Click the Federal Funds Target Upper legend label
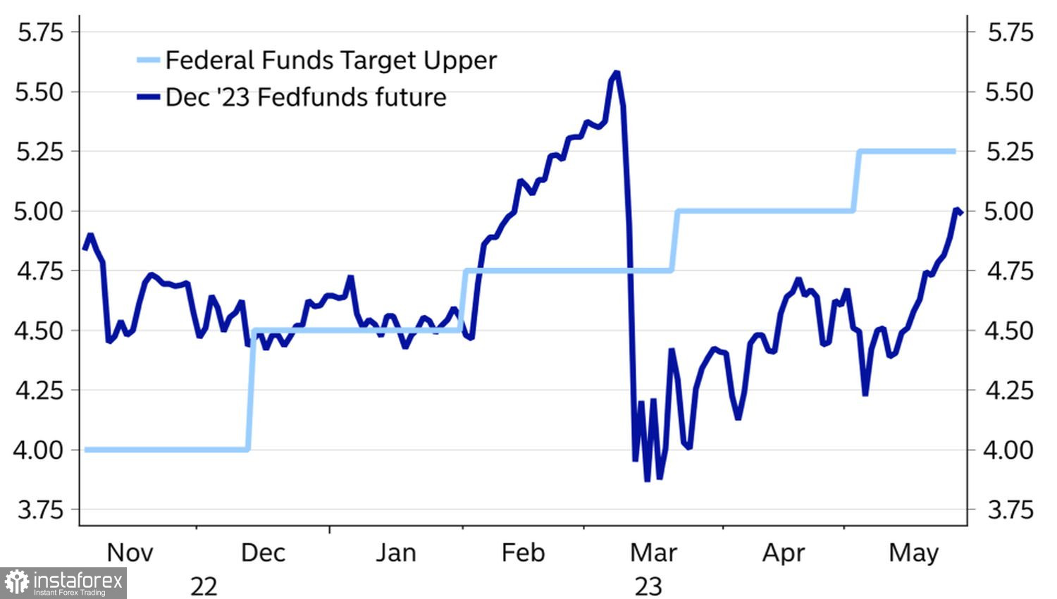[330, 61]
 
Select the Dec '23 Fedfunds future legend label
[305, 97]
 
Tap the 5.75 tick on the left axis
[39, 32]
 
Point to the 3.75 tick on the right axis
[1010, 510]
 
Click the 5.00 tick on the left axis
[39, 211]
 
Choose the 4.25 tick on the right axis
[1010, 390]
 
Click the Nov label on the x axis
[130, 552]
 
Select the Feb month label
[523, 552]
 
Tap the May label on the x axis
[913, 552]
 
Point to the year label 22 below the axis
[204, 586]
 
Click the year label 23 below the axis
[648, 586]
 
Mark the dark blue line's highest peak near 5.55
[617, 73]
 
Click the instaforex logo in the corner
[63, 583]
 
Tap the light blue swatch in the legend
[149, 61]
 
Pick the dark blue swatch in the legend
[149, 97]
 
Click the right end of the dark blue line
[960, 213]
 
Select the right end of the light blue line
[955, 151]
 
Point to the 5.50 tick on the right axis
[1010, 92]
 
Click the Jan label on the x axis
[395, 552]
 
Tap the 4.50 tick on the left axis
[39, 331]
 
